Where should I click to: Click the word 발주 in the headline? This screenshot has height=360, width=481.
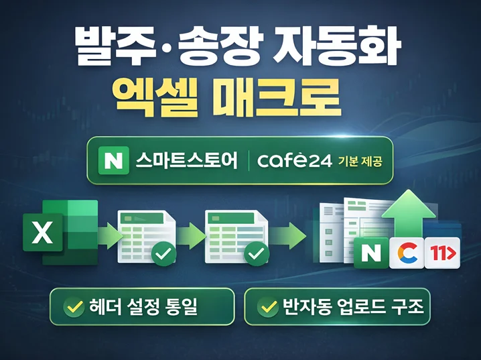110,47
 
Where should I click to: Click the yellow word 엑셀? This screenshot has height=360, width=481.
157,98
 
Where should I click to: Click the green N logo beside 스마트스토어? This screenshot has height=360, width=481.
113,160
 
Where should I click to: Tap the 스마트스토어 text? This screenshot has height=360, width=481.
186,160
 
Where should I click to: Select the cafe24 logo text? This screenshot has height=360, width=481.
295,160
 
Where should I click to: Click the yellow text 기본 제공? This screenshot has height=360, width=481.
360,161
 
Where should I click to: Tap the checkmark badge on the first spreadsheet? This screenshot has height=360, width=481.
164,254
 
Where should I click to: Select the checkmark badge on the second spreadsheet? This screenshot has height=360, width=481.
257,254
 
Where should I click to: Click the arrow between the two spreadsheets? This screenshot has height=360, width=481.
192,236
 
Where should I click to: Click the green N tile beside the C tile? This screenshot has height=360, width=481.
371,253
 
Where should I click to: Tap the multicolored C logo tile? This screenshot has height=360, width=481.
407,253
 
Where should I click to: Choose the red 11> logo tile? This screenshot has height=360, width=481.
442,253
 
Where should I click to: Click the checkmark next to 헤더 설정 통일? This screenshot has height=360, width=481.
74,307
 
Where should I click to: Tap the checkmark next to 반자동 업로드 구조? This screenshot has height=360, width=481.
268,307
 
